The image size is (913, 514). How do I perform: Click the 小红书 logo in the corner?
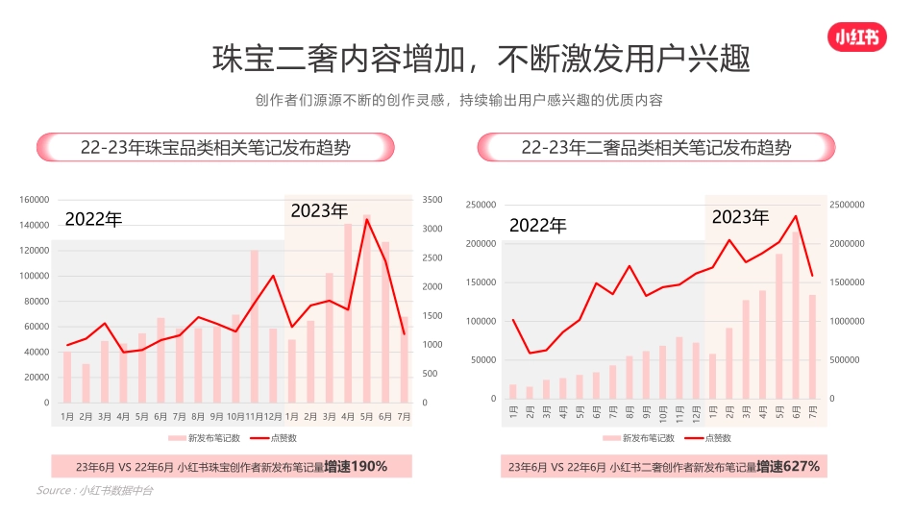(x=855, y=37)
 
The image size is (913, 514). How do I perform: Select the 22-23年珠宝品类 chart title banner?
(x=215, y=147)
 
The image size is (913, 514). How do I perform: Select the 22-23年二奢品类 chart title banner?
(x=656, y=147)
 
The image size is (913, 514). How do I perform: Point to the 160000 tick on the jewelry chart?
(x=34, y=200)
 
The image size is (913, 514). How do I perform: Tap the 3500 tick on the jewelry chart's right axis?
(x=432, y=200)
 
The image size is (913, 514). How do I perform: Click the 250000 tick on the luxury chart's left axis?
(x=481, y=205)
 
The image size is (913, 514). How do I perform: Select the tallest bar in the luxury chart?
(x=796, y=314)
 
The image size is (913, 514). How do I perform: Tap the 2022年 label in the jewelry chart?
(x=93, y=219)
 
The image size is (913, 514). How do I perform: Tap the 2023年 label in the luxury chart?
(x=740, y=217)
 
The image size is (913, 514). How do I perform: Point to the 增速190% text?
(x=356, y=466)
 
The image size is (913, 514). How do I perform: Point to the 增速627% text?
(x=788, y=466)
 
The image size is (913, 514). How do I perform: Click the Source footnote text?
(x=94, y=491)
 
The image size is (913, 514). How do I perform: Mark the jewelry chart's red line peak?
(x=367, y=219)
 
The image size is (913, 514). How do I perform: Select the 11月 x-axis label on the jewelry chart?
(x=255, y=417)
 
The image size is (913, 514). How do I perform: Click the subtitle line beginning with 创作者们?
(x=459, y=100)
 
